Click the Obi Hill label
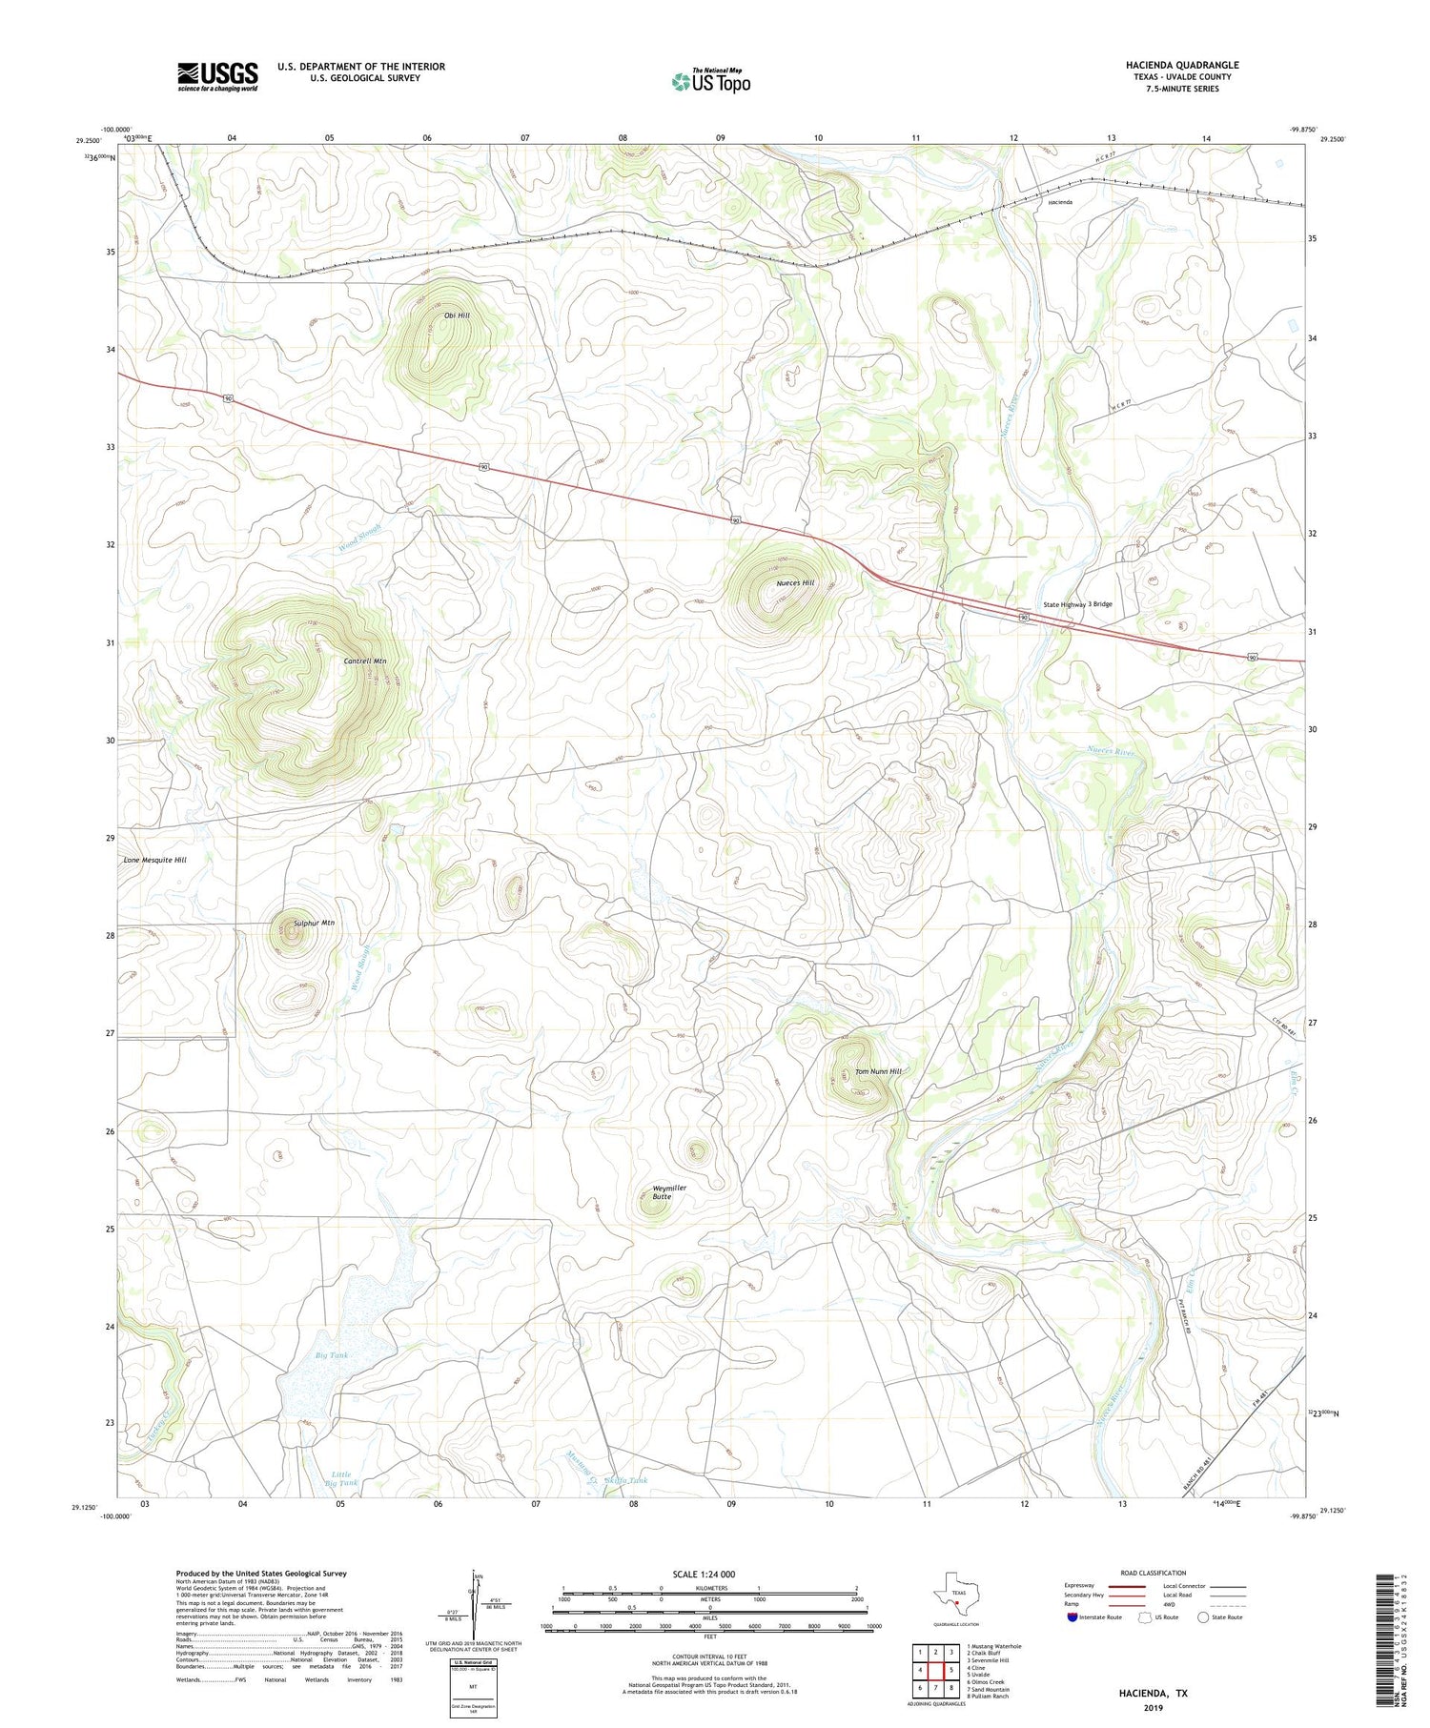coord(457,315)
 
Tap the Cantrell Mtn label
coord(365,661)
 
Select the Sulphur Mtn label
coord(314,923)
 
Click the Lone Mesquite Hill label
coord(155,860)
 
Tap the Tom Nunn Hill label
coord(877,1071)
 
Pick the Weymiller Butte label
coord(668,1191)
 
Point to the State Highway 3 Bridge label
coord(1077,604)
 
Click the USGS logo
coord(217,76)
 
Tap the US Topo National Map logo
coord(710,81)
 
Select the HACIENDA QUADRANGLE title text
coord(1181,65)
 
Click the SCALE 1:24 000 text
coord(704,1574)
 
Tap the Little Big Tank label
coord(341,1478)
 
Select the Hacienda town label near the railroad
coord(1059,202)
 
